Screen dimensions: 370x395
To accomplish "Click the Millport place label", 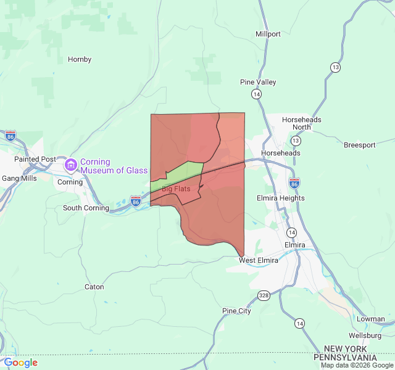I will tap(268, 34).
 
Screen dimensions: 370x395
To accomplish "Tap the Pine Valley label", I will tap(258, 82).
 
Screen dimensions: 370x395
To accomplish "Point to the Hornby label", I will tap(80, 59).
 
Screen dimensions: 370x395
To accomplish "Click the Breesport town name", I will tap(360, 145).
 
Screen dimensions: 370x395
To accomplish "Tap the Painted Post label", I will tap(35, 159).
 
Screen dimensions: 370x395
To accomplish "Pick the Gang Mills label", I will tap(19, 178).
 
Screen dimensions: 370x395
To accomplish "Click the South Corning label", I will tap(86, 208).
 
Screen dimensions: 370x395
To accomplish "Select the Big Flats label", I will tap(176, 189).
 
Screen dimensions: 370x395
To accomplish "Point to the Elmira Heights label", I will tap(280, 198).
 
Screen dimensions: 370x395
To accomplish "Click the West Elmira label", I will tap(259, 260).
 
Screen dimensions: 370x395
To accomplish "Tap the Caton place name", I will tap(94, 287).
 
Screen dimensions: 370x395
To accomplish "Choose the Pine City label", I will tap(236, 311).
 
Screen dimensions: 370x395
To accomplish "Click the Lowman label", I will tap(370, 319).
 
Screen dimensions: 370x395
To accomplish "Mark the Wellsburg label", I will tap(365, 335).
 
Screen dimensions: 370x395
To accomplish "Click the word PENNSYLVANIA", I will tap(345, 358).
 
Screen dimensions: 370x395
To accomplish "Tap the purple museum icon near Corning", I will tap(70, 165).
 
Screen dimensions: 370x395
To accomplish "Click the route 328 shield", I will tap(264, 296).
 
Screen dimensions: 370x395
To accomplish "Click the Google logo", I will tap(20, 363).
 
